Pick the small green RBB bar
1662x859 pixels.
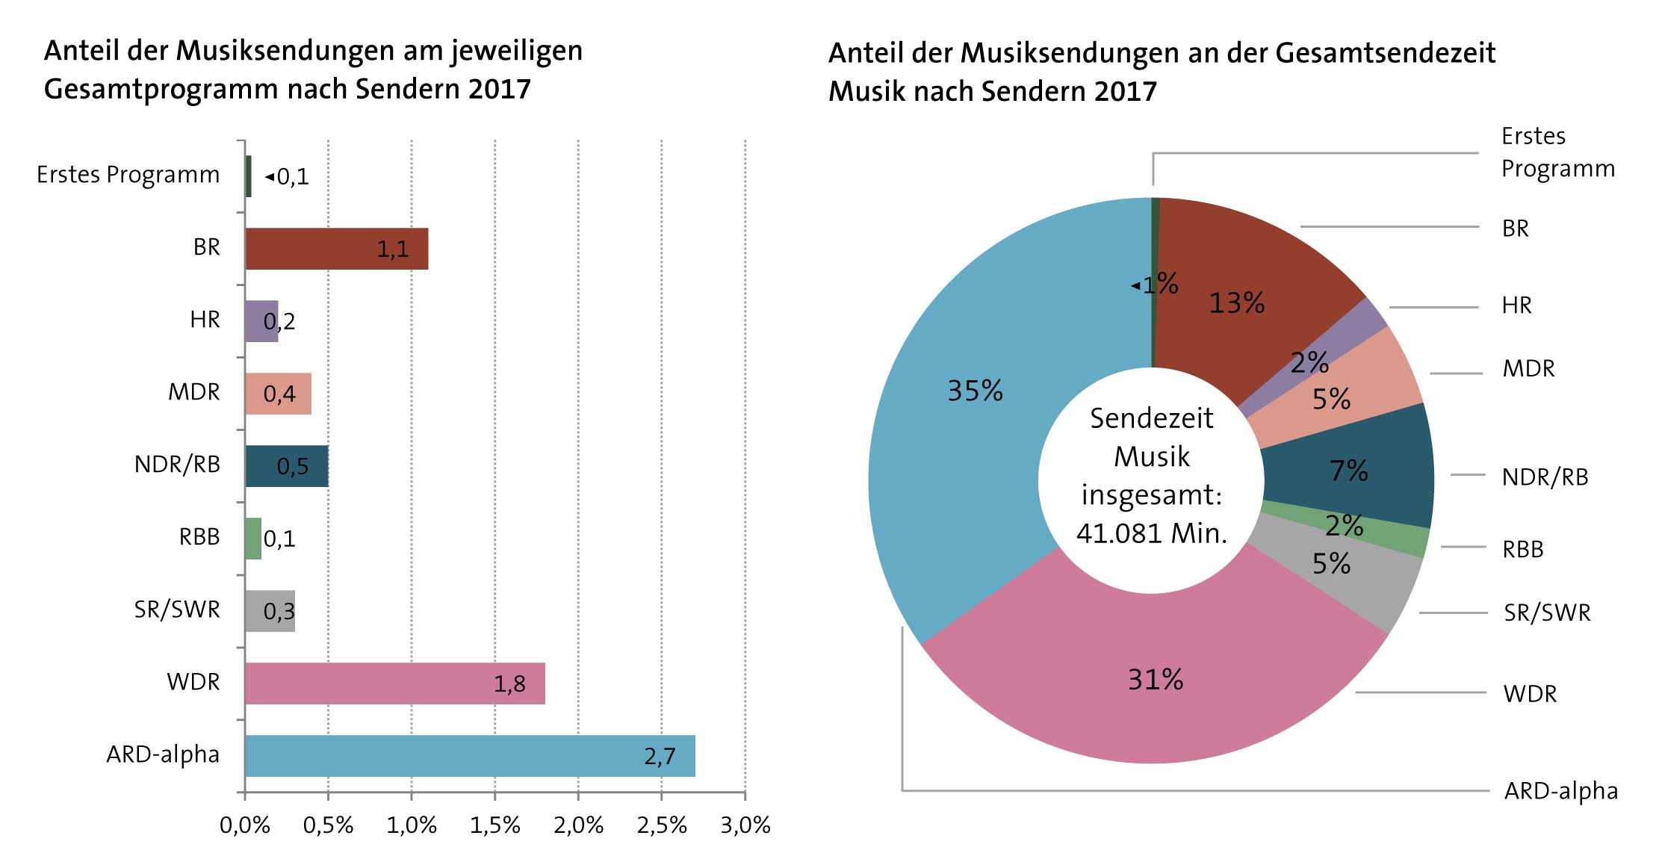point(253,539)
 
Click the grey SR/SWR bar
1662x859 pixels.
point(270,611)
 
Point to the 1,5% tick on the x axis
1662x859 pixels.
point(494,825)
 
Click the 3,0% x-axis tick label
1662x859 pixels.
point(745,825)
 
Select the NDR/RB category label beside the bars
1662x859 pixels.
point(177,465)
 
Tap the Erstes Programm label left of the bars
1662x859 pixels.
point(128,175)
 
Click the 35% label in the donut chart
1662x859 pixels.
point(975,391)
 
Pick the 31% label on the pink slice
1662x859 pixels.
point(1155,680)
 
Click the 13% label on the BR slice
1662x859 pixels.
point(1236,303)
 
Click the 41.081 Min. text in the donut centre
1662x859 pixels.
point(1151,533)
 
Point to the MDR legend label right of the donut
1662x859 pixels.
point(1528,369)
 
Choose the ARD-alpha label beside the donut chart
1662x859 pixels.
point(1560,791)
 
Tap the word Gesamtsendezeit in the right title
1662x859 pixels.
point(1385,54)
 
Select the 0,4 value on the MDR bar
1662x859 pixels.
point(279,394)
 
